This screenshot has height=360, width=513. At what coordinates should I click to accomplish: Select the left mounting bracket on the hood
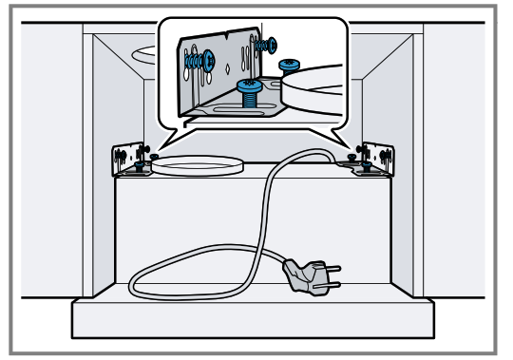coord(127,159)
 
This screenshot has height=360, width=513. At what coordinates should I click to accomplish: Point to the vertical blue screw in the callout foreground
coord(249,92)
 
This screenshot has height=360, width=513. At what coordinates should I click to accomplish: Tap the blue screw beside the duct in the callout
coord(289,64)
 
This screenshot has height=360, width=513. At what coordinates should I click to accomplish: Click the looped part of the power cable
coord(190,275)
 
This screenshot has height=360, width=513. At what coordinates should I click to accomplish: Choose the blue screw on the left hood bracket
coord(141,164)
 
